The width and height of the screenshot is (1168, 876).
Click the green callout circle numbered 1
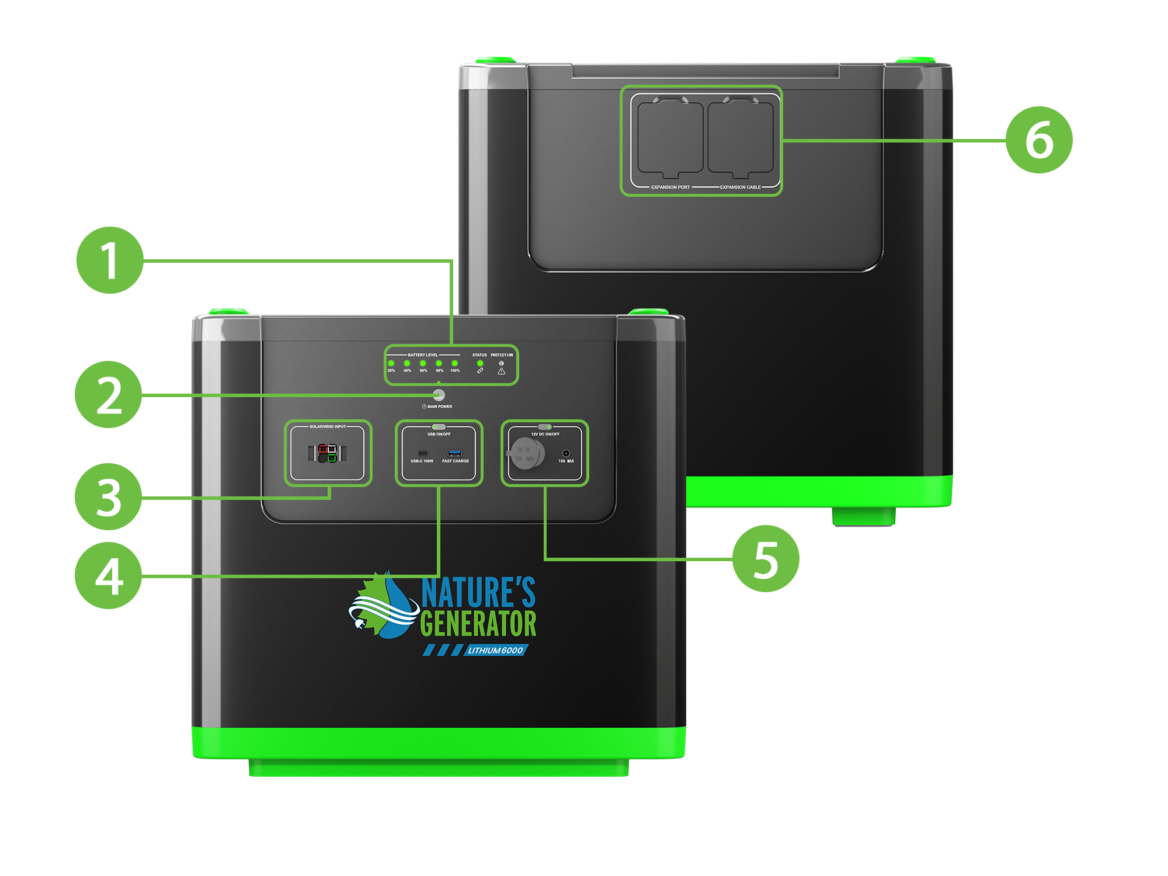click(110, 260)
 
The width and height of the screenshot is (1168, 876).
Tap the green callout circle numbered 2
click(109, 395)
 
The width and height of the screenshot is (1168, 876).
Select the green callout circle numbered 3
click(109, 497)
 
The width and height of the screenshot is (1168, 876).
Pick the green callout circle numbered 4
click(109, 576)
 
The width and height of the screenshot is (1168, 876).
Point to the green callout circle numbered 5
click(766, 559)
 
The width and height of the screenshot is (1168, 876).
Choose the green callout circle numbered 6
click(1039, 140)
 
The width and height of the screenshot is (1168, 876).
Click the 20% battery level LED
click(391, 363)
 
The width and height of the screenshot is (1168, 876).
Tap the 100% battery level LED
click(455, 363)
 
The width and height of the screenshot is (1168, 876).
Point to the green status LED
click(480, 363)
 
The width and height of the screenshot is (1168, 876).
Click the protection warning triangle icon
click(501, 371)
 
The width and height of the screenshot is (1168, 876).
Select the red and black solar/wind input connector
click(328, 453)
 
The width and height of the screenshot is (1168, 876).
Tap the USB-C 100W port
click(422, 453)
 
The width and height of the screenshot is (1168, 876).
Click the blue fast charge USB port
click(454, 453)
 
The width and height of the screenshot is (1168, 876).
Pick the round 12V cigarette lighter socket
click(527, 453)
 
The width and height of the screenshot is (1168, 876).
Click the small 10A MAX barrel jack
click(565, 453)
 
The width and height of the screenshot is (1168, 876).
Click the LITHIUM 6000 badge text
click(495, 651)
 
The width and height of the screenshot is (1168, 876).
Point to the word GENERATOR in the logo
click(478, 624)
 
